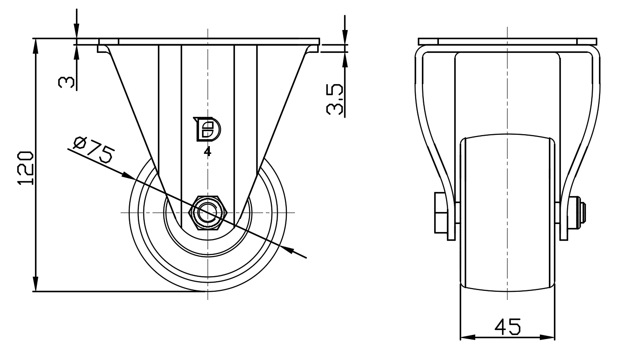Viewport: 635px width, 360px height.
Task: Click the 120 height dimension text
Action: [25, 168]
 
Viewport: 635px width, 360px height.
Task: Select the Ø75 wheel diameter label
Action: [94, 150]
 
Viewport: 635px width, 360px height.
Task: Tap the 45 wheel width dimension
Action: [508, 326]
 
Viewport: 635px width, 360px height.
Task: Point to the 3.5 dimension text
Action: [335, 99]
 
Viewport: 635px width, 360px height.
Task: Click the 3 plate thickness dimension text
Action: [66, 82]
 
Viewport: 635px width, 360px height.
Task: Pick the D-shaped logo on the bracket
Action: [207, 129]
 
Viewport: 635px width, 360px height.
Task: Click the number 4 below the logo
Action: [208, 152]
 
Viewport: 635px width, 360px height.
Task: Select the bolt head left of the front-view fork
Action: [441, 213]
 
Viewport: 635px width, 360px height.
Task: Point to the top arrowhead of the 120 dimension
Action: [36, 46]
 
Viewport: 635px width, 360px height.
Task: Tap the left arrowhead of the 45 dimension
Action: [467, 337]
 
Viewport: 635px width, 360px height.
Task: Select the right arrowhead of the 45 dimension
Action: [547, 337]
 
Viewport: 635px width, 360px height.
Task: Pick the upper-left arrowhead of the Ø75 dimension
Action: [128, 176]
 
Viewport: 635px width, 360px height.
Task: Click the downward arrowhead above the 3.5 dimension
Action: [345, 37]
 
